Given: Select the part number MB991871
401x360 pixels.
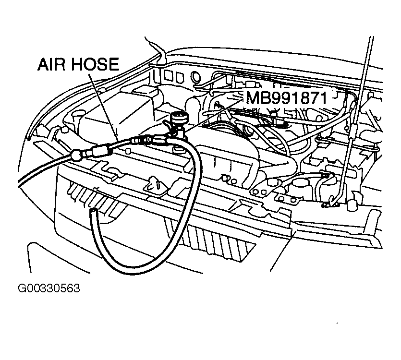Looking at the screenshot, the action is (x=287, y=98).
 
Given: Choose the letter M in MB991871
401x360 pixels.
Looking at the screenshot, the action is (x=253, y=98).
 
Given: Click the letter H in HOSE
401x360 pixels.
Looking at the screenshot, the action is (x=80, y=65).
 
